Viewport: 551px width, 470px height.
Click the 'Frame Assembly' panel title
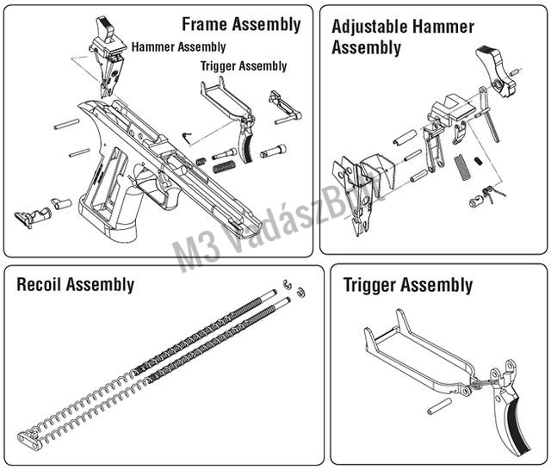click(x=241, y=24)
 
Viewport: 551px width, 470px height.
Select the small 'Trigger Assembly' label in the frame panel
click(x=244, y=65)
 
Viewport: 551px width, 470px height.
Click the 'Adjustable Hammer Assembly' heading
click(x=402, y=36)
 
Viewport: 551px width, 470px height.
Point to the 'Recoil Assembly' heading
click(x=76, y=284)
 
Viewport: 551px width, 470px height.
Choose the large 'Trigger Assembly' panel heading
click(x=408, y=285)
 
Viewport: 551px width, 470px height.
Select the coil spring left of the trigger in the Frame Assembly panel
click(x=224, y=154)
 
